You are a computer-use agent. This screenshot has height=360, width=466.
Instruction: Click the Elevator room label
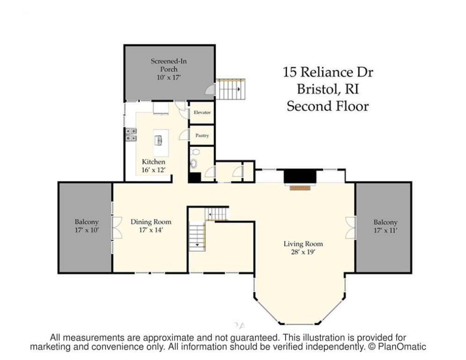202,113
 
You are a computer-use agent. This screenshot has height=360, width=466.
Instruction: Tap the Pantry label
202,135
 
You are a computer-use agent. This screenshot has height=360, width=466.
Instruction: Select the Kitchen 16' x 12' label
154,165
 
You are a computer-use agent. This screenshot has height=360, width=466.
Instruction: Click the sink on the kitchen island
159,140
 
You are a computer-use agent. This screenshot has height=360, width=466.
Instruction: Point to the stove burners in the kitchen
131,135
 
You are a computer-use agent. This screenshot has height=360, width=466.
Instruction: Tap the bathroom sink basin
193,164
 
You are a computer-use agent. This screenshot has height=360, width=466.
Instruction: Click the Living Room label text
303,244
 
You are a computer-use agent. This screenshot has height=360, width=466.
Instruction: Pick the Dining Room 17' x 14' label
151,225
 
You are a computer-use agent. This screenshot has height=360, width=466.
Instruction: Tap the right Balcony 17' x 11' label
385,226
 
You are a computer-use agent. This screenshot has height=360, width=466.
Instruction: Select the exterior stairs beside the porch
231,89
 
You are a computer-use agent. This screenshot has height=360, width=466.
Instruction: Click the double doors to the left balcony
116,227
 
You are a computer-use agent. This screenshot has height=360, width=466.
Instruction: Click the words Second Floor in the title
327,106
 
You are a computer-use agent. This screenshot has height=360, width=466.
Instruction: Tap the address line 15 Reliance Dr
328,73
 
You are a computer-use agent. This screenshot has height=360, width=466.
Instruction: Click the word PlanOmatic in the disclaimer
402,347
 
